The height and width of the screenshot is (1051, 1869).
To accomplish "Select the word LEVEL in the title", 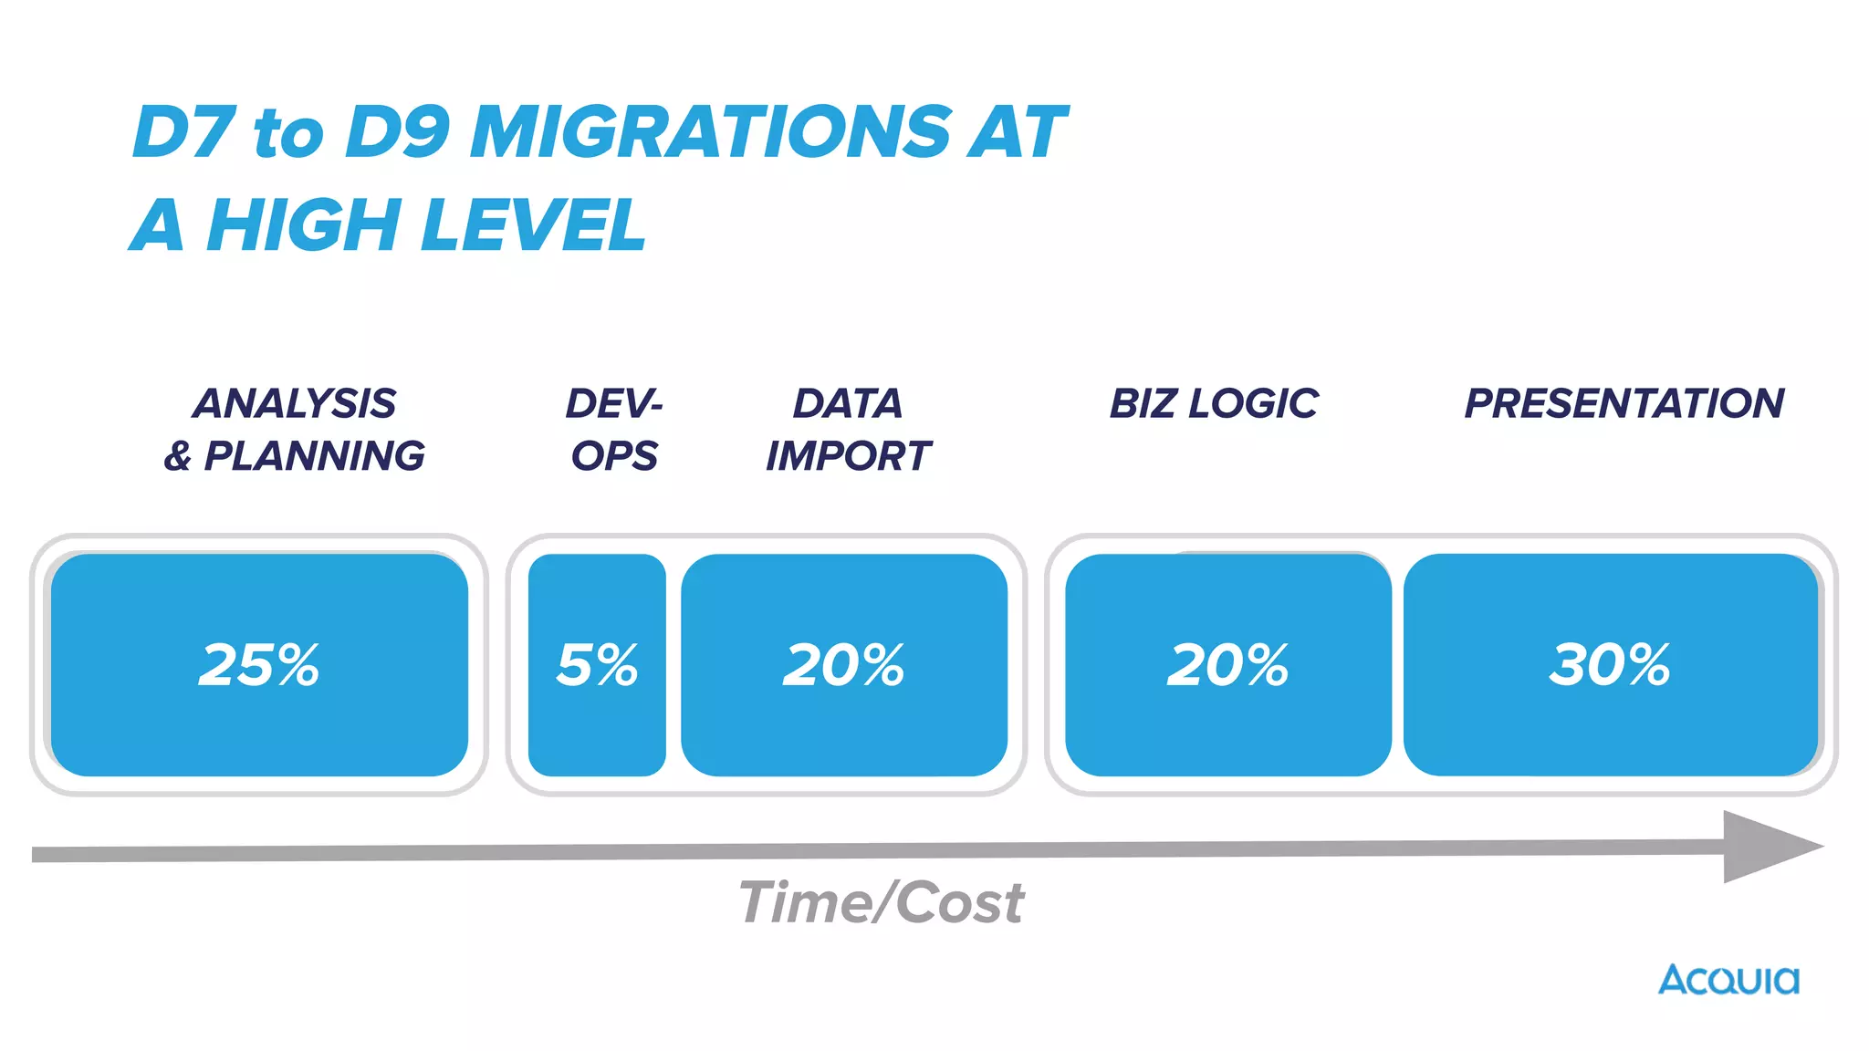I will tap(535, 225).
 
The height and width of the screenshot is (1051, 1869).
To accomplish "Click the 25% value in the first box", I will tap(259, 664).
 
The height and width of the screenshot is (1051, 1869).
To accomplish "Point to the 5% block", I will tap(597, 664).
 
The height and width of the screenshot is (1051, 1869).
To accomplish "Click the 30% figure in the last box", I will tap(1610, 664).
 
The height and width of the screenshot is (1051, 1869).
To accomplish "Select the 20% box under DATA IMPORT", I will tap(844, 664).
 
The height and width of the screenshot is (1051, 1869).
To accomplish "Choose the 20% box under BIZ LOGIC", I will tap(1227, 664).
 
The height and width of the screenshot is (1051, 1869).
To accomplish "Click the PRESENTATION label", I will tap(1624, 403).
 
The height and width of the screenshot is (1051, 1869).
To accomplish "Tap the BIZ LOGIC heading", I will tap(1214, 403).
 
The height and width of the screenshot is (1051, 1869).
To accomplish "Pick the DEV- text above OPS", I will tap(614, 403).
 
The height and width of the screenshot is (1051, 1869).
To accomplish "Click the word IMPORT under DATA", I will tap(849, 455).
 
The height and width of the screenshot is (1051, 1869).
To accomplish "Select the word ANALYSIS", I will tap(294, 403).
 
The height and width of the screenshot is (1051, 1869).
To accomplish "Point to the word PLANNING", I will tap(314, 455).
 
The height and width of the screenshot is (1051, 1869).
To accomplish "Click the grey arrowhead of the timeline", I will tap(1766, 847).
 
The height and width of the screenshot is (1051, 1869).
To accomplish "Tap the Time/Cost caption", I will tap(881, 902).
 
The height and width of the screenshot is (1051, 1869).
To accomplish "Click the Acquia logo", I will tap(1728, 980).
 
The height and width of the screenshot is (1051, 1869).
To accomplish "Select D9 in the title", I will tap(398, 132).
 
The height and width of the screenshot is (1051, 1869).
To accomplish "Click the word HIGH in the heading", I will tap(302, 225).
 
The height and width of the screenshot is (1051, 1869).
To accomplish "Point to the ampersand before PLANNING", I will tap(178, 456).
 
